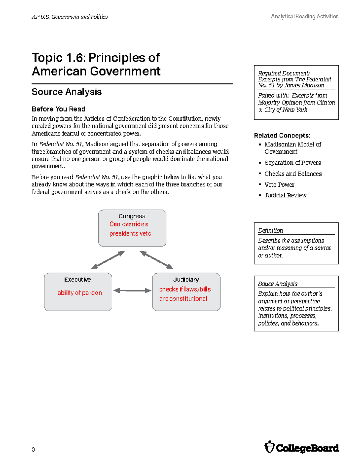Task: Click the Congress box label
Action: (x=132, y=216)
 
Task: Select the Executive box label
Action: (x=77, y=280)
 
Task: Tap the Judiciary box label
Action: (x=186, y=280)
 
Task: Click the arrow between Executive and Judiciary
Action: (x=132, y=290)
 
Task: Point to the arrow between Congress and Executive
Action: (x=108, y=260)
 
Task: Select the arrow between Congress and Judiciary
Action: (x=157, y=260)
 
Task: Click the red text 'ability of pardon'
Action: (x=79, y=293)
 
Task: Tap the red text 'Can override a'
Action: (x=129, y=224)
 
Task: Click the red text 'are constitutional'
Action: (x=183, y=299)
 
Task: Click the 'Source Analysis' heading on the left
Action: (x=67, y=92)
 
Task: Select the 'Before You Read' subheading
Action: (x=58, y=109)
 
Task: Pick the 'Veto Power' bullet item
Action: (x=279, y=185)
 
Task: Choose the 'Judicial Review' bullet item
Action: (x=285, y=195)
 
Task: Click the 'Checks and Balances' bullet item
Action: (x=293, y=174)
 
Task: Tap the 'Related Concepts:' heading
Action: (x=282, y=136)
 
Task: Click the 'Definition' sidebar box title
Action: (x=270, y=230)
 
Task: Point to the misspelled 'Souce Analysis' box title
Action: (x=277, y=284)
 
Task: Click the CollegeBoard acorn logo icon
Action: (x=269, y=447)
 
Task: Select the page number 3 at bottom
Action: (x=33, y=449)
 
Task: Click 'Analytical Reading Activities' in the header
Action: (x=304, y=17)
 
